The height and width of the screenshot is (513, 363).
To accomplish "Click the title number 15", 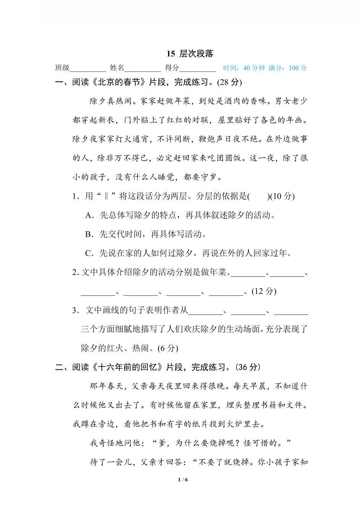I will point(171,54).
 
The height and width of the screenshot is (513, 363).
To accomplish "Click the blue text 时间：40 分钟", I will point(244,68).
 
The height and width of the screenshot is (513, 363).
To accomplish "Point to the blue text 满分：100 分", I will point(288,68).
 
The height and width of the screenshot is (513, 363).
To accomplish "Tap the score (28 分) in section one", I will point(229,82).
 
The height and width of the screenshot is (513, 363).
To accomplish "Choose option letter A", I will point(89,215).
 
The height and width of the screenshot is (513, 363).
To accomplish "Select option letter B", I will point(89,234).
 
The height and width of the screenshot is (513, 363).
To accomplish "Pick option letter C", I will point(89,253).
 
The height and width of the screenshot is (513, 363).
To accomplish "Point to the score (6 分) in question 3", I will point(168,348).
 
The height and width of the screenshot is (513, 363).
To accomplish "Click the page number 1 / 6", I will point(183,480).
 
